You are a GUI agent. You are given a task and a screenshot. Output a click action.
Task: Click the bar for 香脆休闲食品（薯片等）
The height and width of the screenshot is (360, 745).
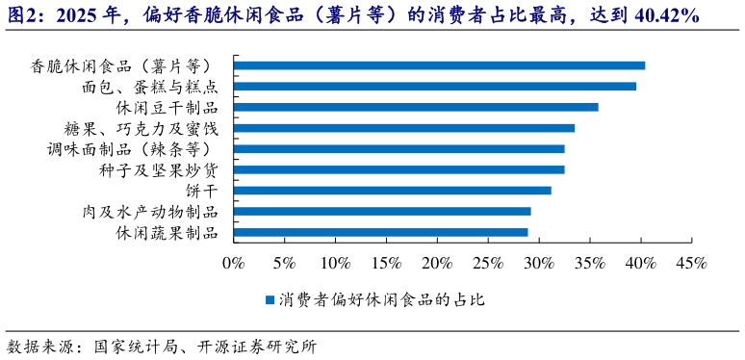(x=439, y=65)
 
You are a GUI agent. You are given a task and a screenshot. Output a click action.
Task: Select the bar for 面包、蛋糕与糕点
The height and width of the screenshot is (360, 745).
(x=434, y=87)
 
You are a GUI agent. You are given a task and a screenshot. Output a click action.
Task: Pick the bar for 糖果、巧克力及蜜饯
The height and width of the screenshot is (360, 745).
(x=403, y=128)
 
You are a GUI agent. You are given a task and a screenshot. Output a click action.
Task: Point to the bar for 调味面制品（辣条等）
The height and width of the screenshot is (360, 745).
(x=398, y=149)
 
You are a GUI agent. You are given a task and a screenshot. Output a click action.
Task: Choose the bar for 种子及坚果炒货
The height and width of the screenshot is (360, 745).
(x=398, y=169)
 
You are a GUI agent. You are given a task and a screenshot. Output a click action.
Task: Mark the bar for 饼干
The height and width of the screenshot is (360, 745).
(x=392, y=191)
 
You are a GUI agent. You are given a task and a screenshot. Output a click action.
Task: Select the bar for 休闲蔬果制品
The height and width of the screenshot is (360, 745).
(x=380, y=232)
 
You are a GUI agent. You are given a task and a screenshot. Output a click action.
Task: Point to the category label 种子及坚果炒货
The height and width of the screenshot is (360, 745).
(x=158, y=169)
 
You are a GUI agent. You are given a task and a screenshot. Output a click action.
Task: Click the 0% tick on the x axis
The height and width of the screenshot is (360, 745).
(x=233, y=263)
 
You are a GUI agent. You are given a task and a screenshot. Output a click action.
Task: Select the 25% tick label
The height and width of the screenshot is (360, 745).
(x=488, y=263)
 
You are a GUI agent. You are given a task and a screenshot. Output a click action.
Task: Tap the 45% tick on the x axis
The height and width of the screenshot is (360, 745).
(x=692, y=263)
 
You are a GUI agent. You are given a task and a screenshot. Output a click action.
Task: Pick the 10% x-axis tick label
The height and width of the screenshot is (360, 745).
(x=335, y=263)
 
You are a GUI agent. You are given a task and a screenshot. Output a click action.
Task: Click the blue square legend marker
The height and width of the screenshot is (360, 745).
(x=270, y=300)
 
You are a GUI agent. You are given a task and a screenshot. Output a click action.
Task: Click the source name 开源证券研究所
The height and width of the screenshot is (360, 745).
(x=256, y=346)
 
